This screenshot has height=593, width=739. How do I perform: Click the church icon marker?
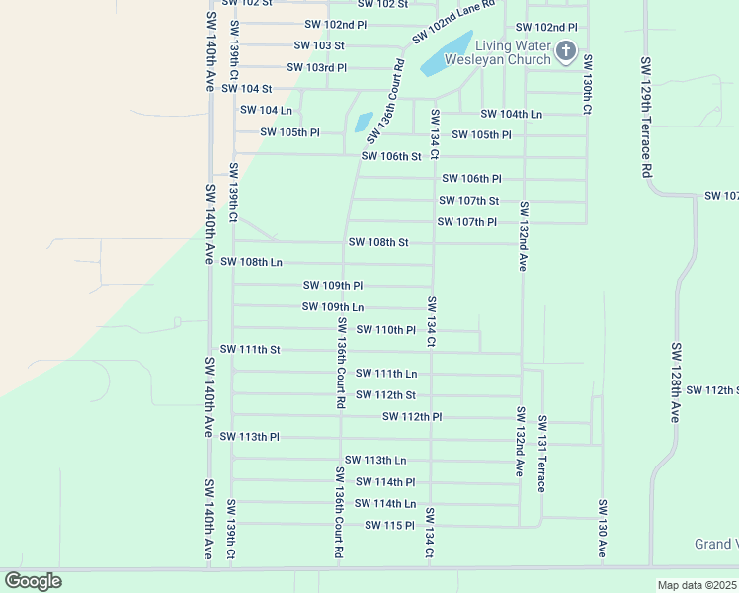pyautogui.click(x=565, y=51)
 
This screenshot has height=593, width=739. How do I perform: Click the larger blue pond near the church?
pyautogui.click(x=446, y=52)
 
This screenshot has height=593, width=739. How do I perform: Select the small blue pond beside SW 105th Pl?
pyautogui.click(x=363, y=122)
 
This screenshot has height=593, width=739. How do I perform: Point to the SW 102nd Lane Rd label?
pyautogui.click(x=452, y=21)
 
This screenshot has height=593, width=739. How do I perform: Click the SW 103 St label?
pyautogui.click(x=318, y=45)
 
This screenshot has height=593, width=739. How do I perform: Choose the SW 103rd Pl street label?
pyautogui.click(x=316, y=67)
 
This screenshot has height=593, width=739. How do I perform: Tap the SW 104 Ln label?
pyautogui.click(x=266, y=110)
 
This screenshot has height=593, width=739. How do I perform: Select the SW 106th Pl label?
pyautogui.click(x=471, y=179)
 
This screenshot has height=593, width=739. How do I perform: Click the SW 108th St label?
pyautogui.click(x=377, y=242)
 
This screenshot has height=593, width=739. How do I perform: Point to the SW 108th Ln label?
pyautogui.click(x=251, y=262)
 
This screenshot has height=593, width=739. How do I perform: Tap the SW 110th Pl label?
pyautogui.click(x=384, y=329)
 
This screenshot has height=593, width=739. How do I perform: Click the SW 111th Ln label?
pyautogui.click(x=385, y=373)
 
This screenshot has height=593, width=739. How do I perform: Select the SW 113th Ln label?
pyautogui.click(x=374, y=460)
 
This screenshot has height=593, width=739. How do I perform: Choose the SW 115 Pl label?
pyautogui.click(x=388, y=525)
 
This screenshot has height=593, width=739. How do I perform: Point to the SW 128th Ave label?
pyautogui.click(x=676, y=382)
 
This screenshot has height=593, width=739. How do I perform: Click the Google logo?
pyautogui.click(x=34, y=581)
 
